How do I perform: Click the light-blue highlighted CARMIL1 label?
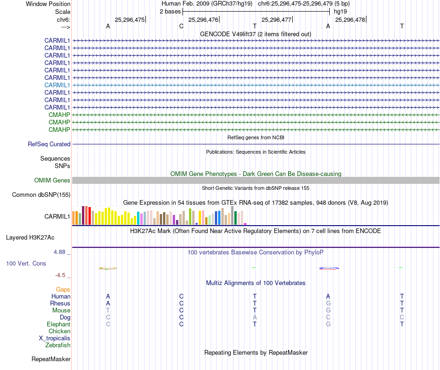[57, 85]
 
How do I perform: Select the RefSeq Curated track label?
[49, 144]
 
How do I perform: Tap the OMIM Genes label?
[52, 180]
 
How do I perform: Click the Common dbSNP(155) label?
[41, 195]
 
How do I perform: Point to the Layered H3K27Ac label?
[30, 238]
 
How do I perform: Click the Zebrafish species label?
[58, 345]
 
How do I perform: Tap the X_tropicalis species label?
[55, 338]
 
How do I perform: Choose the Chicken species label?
[60, 331]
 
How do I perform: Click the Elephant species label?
[58, 325]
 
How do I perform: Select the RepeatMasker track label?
[51, 359]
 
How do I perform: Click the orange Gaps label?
[63, 290]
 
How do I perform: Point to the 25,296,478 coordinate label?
[350, 19]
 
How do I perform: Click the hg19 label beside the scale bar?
[340, 11]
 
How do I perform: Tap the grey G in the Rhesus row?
[328, 304]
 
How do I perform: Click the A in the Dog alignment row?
[255, 318]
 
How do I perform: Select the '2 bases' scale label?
[170, 11]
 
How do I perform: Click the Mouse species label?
[61, 311]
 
